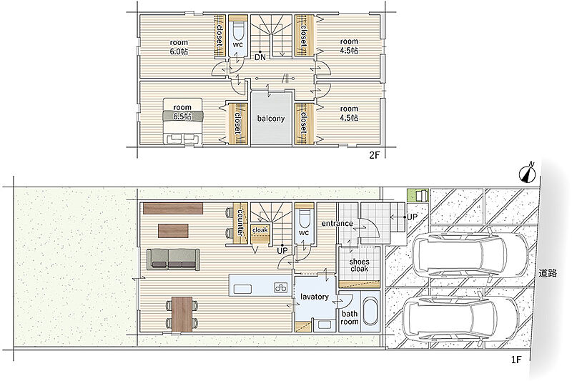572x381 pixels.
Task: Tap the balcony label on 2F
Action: point(271,119)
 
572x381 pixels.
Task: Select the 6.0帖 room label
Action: point(179,47)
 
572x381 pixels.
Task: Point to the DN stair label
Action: point(260,57)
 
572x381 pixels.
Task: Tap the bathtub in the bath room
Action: point(370,312)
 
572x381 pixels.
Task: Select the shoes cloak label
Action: point(360,265)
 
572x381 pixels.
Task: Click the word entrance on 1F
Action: point(337,223)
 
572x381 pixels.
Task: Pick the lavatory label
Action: point(315,297)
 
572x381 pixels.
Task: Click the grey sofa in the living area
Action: point(173,259)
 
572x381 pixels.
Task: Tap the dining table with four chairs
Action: point(182,314)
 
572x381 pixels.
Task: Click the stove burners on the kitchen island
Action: point(281,287)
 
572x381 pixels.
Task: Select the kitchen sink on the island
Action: point(243,289)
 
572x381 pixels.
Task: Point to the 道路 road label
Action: point(548,273)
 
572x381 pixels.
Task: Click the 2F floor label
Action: point(375,155)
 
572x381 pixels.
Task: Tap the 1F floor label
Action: point(516,360)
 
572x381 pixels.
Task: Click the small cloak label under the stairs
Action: point(260,230)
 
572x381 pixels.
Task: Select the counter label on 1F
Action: point(240,222)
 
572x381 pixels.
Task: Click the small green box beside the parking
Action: point(418,195)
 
